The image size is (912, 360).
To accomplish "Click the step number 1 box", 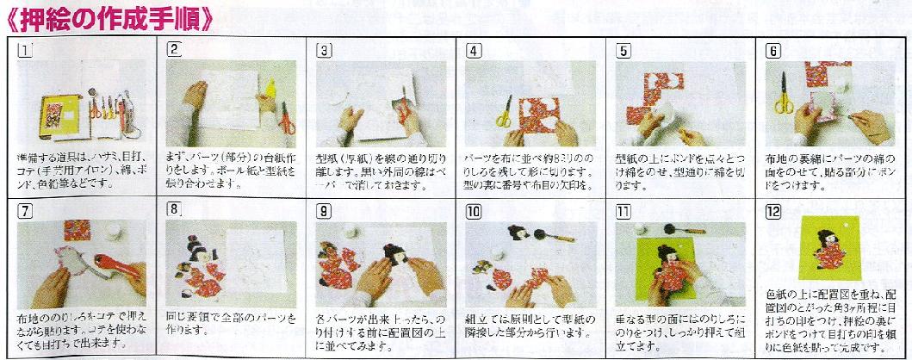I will point(25,50).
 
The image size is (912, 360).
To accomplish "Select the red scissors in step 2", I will point(286,112).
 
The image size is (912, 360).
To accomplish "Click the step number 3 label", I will point(325,50).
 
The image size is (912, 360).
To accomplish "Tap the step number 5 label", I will point(624,50).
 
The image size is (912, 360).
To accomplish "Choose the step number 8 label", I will point(175,209).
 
